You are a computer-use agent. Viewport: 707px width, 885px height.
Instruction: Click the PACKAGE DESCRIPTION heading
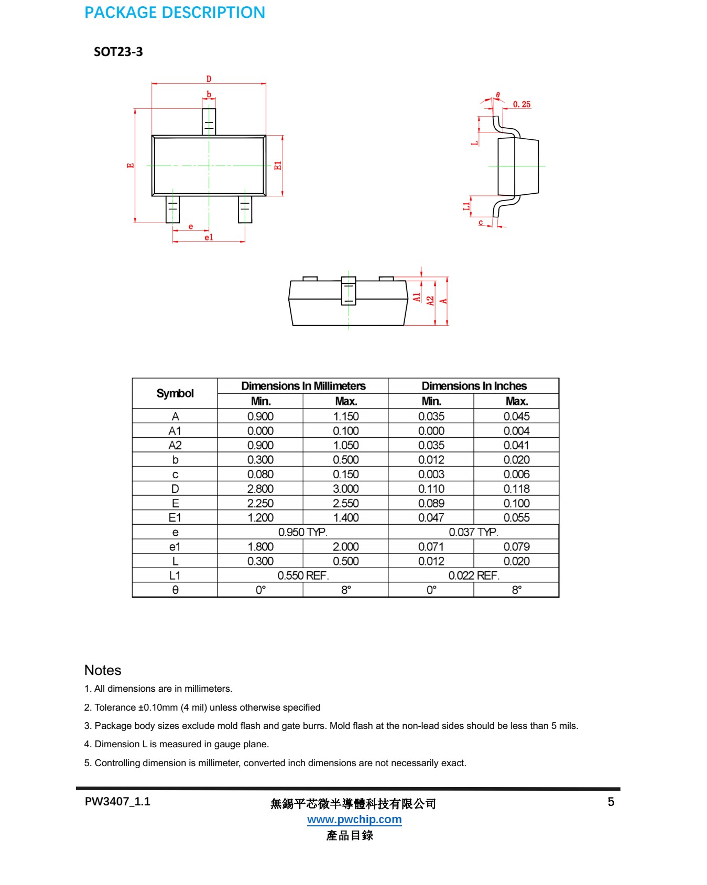(175, 13)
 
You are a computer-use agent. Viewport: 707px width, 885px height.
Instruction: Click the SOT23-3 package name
(118, 52)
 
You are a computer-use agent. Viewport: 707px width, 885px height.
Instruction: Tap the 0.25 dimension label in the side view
(521, 105)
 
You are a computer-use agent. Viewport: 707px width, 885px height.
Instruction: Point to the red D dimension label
(209, 79)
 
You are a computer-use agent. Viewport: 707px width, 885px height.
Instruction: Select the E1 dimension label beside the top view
(278, 165)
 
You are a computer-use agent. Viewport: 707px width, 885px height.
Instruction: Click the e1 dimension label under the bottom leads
(209, 238)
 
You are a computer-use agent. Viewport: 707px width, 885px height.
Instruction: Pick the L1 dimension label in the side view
(466, 206)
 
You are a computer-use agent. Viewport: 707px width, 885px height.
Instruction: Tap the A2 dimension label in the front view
(430, 301)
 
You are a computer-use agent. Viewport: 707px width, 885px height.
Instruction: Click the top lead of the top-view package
(209, 121)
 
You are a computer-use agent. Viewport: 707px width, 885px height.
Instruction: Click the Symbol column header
(175, 393)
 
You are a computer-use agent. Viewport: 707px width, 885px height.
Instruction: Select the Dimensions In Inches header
(474, 386)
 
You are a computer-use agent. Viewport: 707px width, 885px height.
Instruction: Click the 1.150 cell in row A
(346, 416)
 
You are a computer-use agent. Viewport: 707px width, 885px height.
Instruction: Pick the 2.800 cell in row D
(260, 489)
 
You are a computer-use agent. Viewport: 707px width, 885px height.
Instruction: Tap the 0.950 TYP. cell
(303, 532)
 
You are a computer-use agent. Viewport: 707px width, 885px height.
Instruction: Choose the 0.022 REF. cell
(474, 576)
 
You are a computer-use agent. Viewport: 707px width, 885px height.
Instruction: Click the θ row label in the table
(175, 590)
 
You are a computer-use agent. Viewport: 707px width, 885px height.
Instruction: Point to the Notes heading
(103, 670)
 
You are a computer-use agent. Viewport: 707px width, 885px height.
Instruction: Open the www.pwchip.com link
(354, 820)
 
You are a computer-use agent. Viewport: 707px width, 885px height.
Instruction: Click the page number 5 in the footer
(611, 802)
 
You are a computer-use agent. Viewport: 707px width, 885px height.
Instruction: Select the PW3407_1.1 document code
(117, 802)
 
